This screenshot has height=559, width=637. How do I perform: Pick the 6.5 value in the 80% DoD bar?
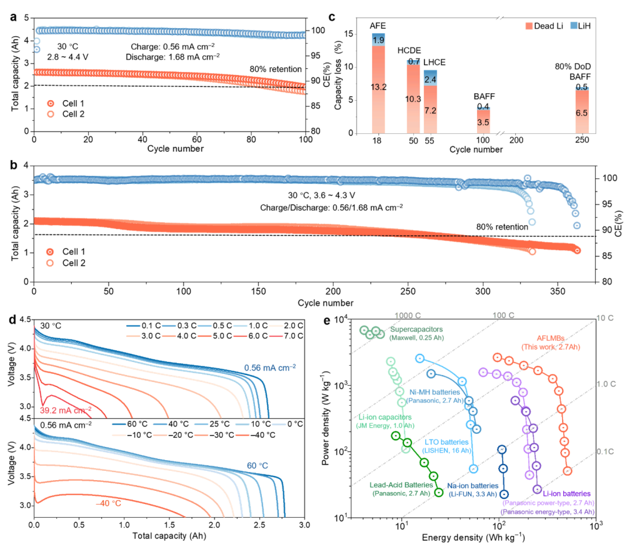point(581,113)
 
